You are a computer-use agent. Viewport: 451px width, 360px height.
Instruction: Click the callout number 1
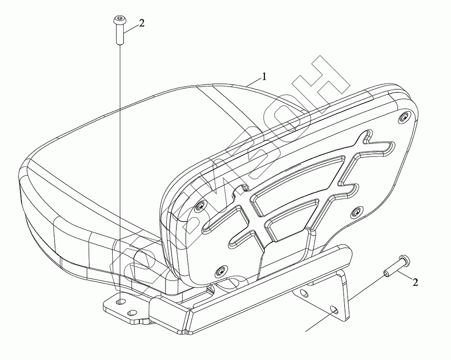click(264, 77)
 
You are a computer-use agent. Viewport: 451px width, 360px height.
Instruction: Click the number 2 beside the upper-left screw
click(142, 23)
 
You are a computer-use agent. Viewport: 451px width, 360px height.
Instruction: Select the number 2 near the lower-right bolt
click(415, 282)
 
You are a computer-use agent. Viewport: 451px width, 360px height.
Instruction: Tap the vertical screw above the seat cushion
click(119, 30)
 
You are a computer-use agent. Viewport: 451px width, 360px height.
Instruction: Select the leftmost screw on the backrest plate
click(199, 206)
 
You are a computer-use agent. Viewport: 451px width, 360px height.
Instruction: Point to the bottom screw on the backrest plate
click(220, 271)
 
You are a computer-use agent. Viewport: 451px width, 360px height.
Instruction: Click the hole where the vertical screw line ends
click(121, 300)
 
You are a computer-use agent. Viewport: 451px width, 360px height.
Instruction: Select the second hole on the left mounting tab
click(132, 312)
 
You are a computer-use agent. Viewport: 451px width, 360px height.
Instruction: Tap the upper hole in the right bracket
click(305, 295)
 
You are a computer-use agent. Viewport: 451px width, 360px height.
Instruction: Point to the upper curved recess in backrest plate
click(298, 180)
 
